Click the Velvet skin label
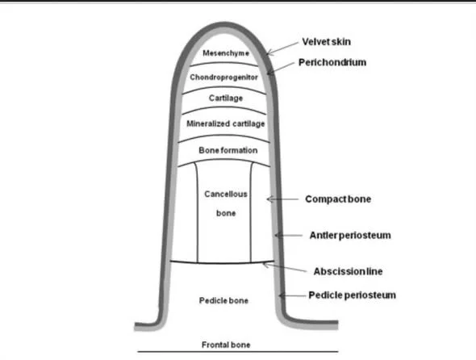[x=326, y=42]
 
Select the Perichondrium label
[x=332, y=62]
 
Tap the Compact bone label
[x=338, y=199]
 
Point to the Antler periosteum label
[x=350, y=235]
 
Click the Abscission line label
[x=348, y=271]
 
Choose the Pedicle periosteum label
[x=352, y=295]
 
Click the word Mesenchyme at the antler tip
[x=226, y=53]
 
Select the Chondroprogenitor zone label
[x=223, y=77]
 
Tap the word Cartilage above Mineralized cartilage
[x=226, y=98]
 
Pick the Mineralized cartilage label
[x=226, y=123]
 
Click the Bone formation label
[x=228, y=150]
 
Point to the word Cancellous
[x=226, y=194]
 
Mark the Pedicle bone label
[x=223, y=300]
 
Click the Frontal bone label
[x=226, y=345]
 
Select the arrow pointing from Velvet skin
[x=282, y=48]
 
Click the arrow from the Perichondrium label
[x=281, y=69]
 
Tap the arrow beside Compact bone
[x=282, y=199]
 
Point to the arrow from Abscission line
[x=285, y=267]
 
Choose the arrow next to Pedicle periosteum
[x=292, y=295]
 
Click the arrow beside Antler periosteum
[x=288, y=235]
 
